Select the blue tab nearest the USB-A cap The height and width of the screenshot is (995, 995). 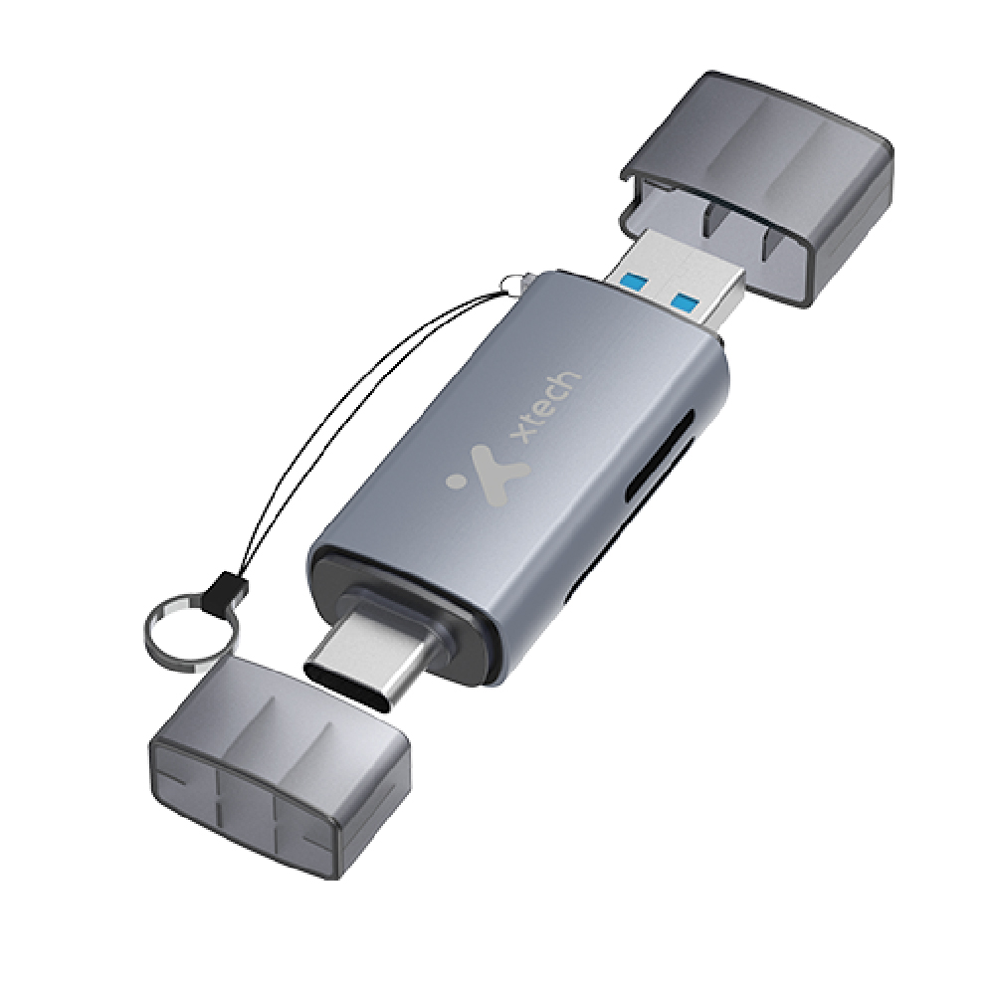point(687,298)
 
